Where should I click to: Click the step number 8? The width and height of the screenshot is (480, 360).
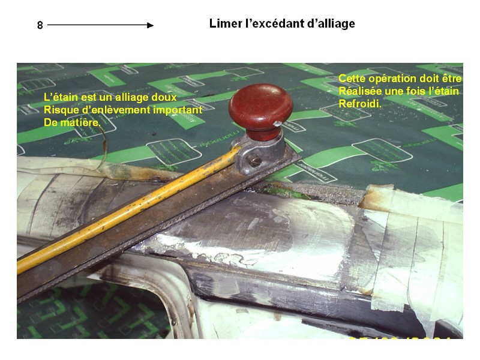[x=40, y=25]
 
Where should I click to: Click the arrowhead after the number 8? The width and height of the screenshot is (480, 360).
[x=151, y=25]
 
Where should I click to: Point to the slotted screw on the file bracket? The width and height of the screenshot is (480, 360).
[x=254, y=161]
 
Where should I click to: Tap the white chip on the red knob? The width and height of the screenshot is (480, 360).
[x=277, y=124]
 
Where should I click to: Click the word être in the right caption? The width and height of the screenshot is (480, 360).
[x=452, y=79]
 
